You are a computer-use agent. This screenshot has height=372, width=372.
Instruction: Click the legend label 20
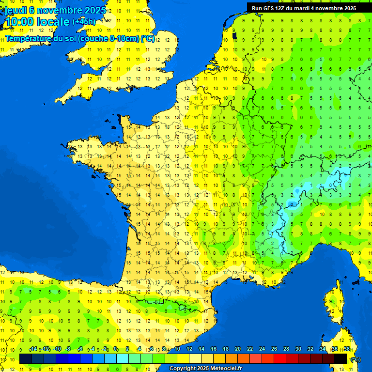pyautogui.click(x=237, y=349)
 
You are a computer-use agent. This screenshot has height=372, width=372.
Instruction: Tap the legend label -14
pyautogui.click(x=33, y=349)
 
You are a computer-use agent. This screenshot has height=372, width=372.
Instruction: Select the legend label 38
pyautogui.click(x=347, y=349)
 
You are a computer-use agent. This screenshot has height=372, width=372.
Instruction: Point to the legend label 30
pyautogui.click(x=298, y=349)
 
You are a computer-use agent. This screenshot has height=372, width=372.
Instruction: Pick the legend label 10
pyautogui.click(x=177, y=349)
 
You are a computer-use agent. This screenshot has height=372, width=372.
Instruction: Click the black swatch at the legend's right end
pyautogui.click(x=341, y=358)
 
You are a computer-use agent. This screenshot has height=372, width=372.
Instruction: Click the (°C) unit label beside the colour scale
pyautogui.click(x=356, y=359)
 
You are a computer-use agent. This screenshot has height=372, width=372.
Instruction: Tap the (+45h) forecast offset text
pyautogui.click(x=84, y=22)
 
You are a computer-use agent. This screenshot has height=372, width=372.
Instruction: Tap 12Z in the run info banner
pyautogui.click(x=280, y=8)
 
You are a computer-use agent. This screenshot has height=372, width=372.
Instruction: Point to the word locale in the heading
pyautogui.click(x=54, y=22)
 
